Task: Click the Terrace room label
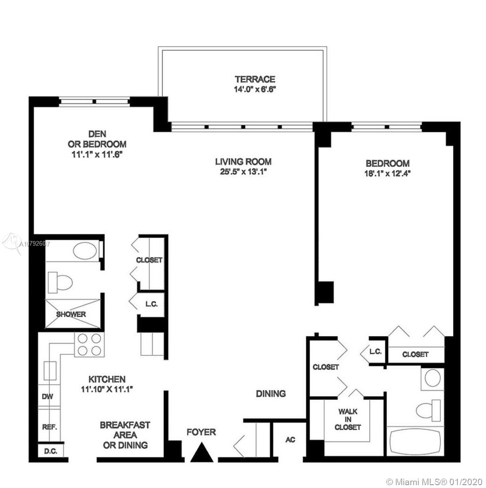point(255,79)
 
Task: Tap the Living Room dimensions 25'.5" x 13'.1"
point(244,172)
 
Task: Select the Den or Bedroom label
point(97,139)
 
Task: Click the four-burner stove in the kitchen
point(89,344)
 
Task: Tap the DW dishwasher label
point(48,397)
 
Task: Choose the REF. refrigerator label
point(49,427)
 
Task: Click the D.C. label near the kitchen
point(50,451)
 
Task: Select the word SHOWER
point(71,314)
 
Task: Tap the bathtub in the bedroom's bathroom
point(415,442)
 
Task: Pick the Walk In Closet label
point(348,419)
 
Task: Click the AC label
point(290,440)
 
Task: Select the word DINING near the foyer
point(271,394)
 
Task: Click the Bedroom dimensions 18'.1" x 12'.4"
point(388,174)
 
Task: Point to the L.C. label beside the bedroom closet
point(375,352)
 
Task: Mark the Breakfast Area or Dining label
point(125,435)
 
